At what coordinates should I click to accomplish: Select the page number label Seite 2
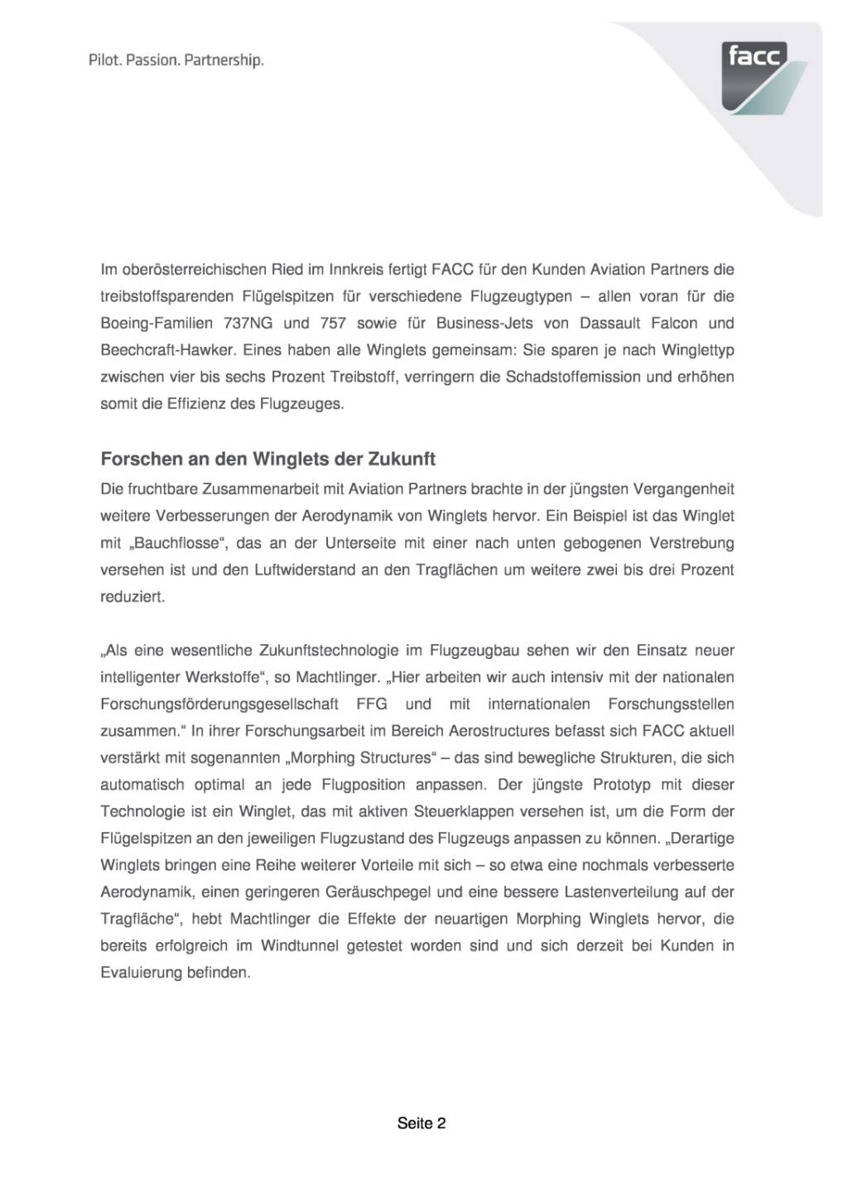point(421,1123)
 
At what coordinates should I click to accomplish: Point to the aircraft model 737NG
point(248,323)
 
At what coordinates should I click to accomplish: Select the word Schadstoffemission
point(568,377)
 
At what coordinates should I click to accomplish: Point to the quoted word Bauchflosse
point(175,543)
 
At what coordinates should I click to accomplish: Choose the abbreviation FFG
point(372,704)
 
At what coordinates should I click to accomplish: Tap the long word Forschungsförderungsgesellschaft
point(219,704)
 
